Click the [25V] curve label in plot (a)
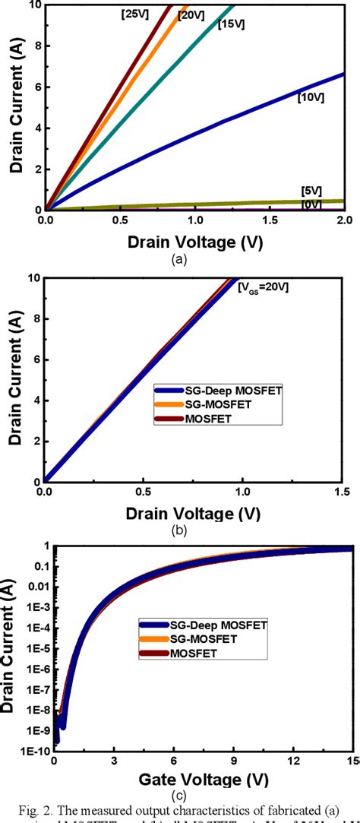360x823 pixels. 134,14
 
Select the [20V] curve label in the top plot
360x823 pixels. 191,14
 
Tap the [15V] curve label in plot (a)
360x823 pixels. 231,25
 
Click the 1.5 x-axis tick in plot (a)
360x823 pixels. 270,220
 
